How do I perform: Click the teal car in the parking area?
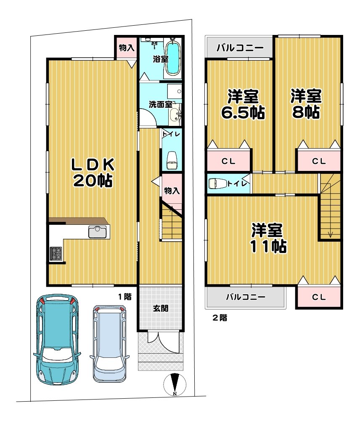(57, 340)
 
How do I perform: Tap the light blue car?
(109, 344)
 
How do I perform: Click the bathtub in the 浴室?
(173, 57)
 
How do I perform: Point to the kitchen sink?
(98, 232)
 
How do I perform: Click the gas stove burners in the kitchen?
(56, 253)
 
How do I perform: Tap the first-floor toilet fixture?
(171, 160)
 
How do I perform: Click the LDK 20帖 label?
(93, 172)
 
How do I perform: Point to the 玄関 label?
(161, 308)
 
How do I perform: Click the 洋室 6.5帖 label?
(243, 104)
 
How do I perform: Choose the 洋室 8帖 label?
(306, 104)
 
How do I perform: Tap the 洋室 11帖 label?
(268, 238)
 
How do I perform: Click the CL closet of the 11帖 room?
(319, 297)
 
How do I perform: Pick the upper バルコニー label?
(240, 48)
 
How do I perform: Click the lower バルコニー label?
(246, 297)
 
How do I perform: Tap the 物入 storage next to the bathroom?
(126, 48)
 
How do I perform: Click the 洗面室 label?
(160, 104)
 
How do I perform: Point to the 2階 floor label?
(220, 318)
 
